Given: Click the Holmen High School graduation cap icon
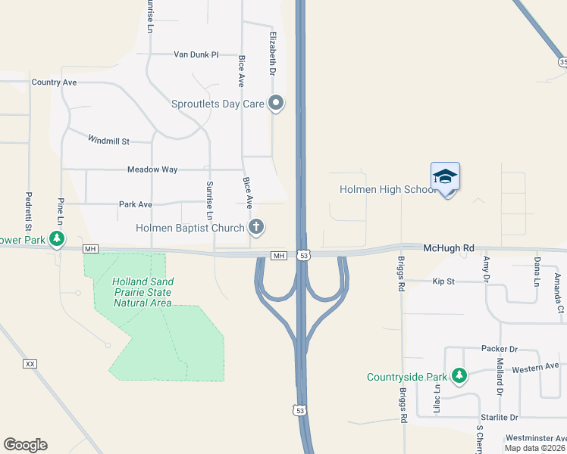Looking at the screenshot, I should (x=445, y=177).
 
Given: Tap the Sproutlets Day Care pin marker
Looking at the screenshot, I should (x=277, y=104).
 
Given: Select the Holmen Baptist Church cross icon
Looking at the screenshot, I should (x=257, y=226).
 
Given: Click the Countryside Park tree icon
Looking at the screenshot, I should (x=459, y=375).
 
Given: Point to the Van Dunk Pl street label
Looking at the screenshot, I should (x=196, y=54).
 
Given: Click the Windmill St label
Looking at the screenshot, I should (x=109, y=140).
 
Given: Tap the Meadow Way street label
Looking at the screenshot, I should (x=152, y=169).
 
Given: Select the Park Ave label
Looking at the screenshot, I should (x=136, y=204).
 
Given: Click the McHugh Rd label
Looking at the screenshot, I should (x=448, y=247).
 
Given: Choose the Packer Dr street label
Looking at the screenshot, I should (x=499, y=349).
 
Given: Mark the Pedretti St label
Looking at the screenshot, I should (x=28, y=211).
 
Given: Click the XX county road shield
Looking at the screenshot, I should (x=30, y=364).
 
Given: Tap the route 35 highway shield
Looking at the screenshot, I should (x=562, y=61).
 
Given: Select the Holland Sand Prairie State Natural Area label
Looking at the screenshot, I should (x=142, y=292).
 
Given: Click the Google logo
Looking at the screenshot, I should (x=25, y=445).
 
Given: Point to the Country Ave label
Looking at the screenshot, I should (x=54, y=82).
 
